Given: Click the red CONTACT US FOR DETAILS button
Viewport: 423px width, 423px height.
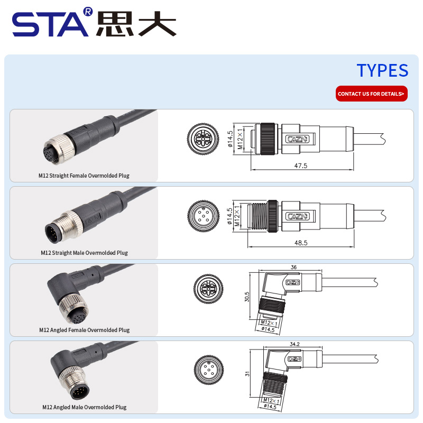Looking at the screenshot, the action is pyautogui.click(x=372, y=94).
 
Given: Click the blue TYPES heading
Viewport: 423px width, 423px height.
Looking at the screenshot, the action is pyautogui.click(x=382, y=70).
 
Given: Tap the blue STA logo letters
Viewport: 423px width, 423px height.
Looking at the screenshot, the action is pyautogui.click(x=50, y=24).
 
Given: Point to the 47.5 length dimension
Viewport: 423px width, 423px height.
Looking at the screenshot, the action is pyautogui.click(x=300, y=165).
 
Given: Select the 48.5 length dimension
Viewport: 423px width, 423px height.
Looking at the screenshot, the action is pyautogui.click(x=301, y=243).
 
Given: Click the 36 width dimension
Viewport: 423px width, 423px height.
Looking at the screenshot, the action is pyautogui.click(x=293, y=267).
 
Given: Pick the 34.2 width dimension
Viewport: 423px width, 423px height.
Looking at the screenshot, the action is pyautogui.click(x=295, y=344).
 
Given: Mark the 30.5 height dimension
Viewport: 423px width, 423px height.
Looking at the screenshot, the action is pyautogui.click(x=247, y=297).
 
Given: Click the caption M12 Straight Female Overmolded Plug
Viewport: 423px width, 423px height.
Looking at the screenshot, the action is pyautogui.click(x=84, y=176).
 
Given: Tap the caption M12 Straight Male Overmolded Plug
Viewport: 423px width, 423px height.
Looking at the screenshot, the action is pyautogui.click(x=84, y=253).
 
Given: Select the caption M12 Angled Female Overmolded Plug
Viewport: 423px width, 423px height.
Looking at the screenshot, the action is pyautogui.click(x=85, y=330).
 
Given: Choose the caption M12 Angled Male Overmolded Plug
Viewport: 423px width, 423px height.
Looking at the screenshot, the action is pyautogui.click(x=85, y=407).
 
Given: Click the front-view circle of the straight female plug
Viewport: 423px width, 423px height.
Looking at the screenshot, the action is pyautogui.click(x=203, y=139).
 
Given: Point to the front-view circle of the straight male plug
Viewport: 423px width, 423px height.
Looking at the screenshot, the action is pyautogui.click(x=204, y=216).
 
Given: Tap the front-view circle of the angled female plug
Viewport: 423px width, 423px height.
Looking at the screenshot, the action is pyautogui.click(x=208, y=289).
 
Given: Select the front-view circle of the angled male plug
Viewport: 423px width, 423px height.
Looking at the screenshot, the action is pyautogui.click(x=209, y=370).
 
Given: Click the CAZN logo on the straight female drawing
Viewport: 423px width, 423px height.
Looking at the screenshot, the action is pyautogui.click(x=297, y=139).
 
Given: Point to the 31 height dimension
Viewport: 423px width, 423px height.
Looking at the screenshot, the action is pyautogui.click(x=247, y=374).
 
